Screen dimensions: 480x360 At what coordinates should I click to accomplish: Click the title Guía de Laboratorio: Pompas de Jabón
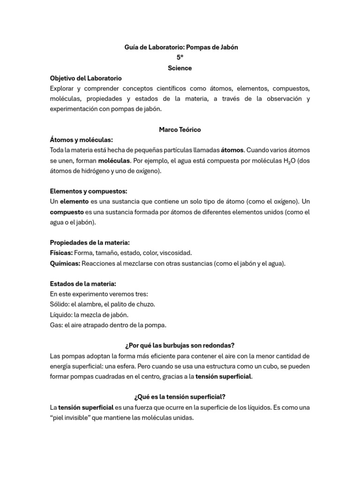pyautogui.click(x=181, y=48)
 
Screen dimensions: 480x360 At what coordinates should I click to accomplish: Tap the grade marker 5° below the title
pyautogui.click(x=180, y=58)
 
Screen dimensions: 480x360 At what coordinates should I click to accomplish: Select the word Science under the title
pyautogui.click(x=180, y=68)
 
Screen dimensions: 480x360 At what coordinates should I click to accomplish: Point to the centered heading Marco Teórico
pyautogui.click(x=180, y=129)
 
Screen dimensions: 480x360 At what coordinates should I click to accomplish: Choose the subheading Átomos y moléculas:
pyautogui.click(x=81, y=140)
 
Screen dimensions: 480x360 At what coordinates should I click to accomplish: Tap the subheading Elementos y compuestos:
pyautogui.click(x=88, y=191)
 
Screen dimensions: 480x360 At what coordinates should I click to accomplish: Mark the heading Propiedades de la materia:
pyautogui.click(x=90, y=242)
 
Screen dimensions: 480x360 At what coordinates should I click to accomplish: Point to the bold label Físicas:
pyautogui.click(x=61, y=253)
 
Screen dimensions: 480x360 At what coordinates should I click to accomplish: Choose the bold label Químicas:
pyautogui.click(x=65, y=263)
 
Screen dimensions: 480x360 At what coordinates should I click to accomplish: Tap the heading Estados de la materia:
pyautogui.click(x=82, y=284)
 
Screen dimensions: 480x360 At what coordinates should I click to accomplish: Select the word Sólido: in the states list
pyautogui.click(x=60, y=304)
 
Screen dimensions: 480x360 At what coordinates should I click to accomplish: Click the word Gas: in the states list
pyautogui.click(x=57, y=325)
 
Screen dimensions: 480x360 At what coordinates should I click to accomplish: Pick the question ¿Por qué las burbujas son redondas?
pyautogui.click(x=180, y=345)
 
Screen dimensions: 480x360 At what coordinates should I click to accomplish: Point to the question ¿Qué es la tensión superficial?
pyautogui.click(x=180, y=397)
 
